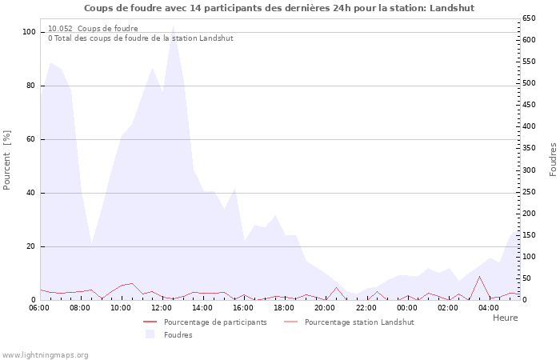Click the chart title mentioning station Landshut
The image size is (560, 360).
pos(279,8)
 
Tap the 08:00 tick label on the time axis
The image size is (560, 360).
pos(80,307)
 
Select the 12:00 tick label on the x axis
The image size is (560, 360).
pos(162,307)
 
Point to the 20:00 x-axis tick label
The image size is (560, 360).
pos(325,307)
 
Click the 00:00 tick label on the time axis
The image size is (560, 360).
pos(406,307)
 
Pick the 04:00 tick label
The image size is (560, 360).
pos(488,307)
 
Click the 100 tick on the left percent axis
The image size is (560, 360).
pos(30,32)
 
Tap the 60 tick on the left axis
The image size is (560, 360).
pos(32,139)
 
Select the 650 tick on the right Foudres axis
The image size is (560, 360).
pos(528,18)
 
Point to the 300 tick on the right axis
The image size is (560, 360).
pos(528,170)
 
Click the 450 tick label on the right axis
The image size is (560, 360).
pos(528,105)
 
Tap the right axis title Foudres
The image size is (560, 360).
pos(553,160)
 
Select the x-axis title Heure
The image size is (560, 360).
pos(505,318)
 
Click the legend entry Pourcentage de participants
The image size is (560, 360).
pos(215,322)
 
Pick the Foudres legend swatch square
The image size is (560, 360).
pos(150,334)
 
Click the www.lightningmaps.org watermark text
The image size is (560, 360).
pos(45,354)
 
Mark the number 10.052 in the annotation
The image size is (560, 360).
pos(60,28)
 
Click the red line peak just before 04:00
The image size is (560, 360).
pos(479,277)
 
